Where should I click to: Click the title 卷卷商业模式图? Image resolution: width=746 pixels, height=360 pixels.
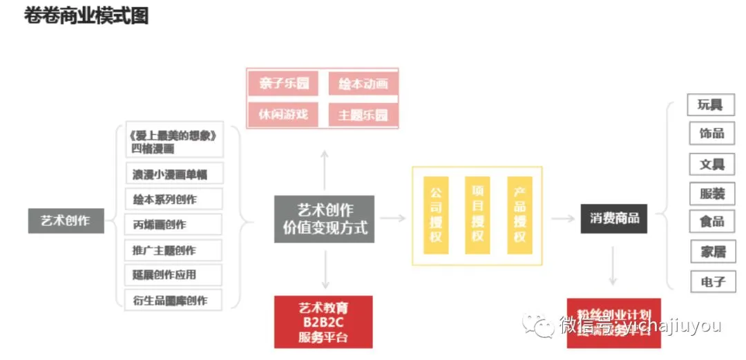tap(86, 16)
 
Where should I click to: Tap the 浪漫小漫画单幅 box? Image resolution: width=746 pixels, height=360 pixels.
tap(174, 174)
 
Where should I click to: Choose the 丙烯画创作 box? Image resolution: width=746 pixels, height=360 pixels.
tap(174, 225)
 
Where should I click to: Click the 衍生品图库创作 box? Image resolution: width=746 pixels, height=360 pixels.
tap(174, 300)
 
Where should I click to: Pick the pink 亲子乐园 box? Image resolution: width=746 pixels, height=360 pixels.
tap(284, 84)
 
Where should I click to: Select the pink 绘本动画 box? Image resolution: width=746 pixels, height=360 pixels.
tap(363, 84)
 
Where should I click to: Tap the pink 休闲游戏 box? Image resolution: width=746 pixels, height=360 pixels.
tap(284, 114)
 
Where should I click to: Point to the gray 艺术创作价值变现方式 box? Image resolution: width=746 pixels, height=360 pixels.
tap(325, 218)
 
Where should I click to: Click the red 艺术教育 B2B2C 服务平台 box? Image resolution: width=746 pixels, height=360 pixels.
tap(323, 321)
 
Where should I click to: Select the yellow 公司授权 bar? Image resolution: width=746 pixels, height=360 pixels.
tap(436, 214)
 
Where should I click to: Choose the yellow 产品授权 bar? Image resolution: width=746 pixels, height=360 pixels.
tap(519, 214)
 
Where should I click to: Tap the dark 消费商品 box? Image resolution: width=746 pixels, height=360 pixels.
tap(614, 218)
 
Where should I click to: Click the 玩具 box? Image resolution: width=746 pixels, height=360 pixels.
tap(710, 104)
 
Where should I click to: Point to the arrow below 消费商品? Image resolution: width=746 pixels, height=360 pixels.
tap(612, 265)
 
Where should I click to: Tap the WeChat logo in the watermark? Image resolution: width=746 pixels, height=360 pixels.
tap(539, 325)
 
